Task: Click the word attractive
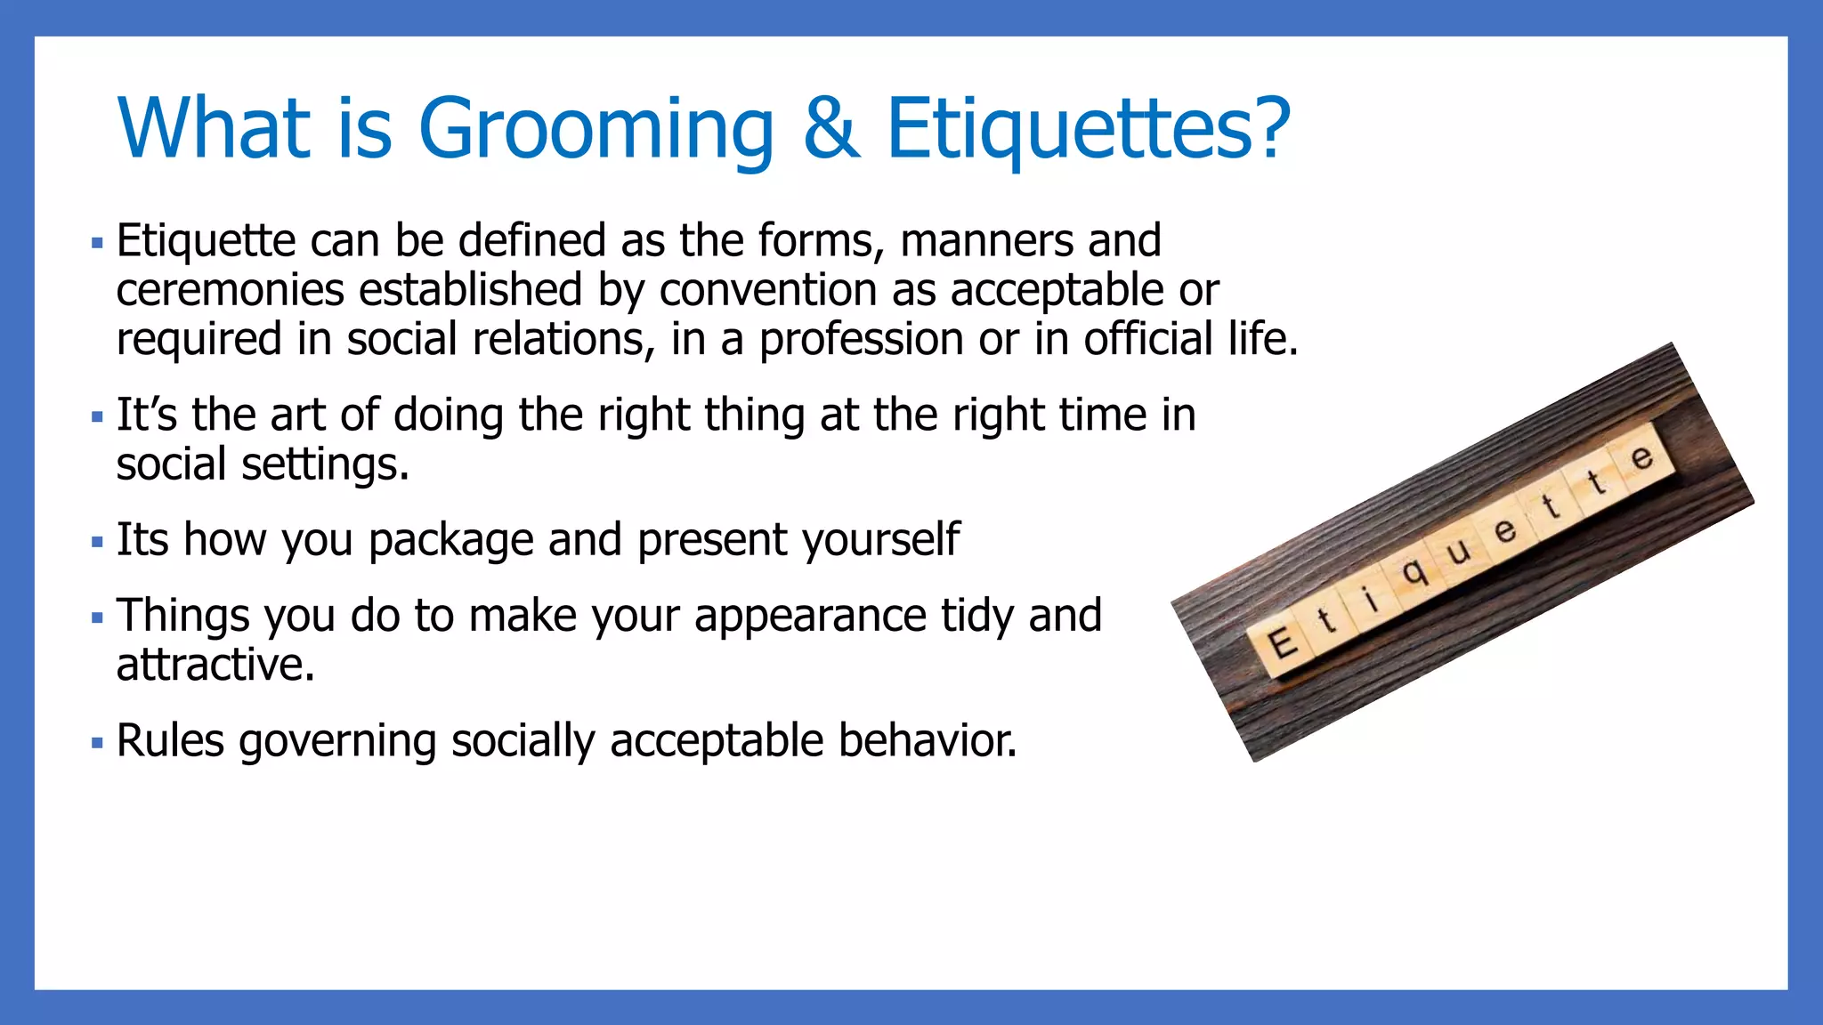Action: point(215,665)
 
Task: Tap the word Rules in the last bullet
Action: point(170,740)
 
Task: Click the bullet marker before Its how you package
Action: point(97,542)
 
